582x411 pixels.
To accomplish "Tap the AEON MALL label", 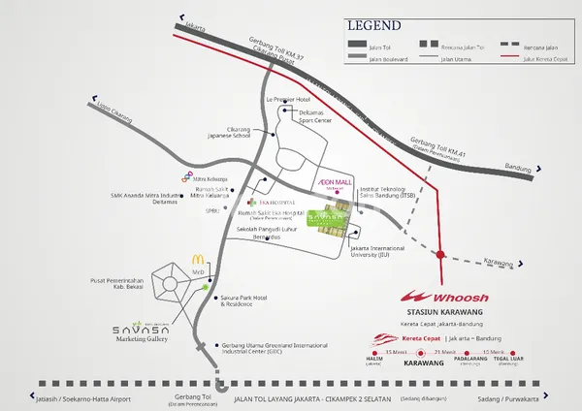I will pos(333,182).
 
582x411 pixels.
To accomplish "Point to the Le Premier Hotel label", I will pos(289,98).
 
